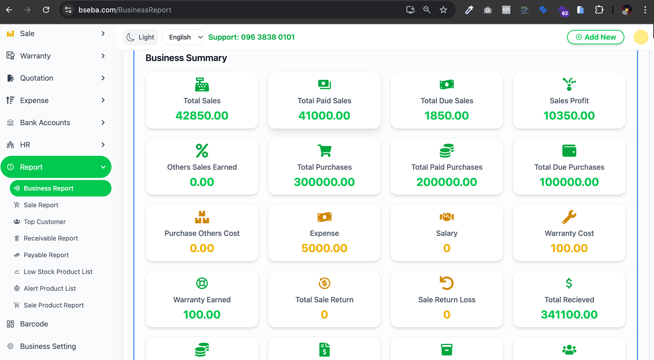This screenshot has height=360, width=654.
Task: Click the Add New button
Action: point(596,37)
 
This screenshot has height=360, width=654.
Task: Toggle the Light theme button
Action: point(141,37)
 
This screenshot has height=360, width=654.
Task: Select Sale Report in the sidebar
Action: point(41,205)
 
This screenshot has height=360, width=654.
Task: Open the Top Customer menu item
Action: point(45,222)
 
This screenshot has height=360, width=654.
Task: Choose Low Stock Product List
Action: point(58,272)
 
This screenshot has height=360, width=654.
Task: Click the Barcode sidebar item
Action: point(34,324)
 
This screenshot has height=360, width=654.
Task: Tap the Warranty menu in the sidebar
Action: point(35,56)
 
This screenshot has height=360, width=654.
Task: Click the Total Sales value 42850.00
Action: point(202,116)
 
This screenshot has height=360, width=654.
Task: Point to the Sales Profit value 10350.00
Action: point(569,116)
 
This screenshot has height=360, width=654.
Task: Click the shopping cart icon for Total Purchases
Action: point(324,150)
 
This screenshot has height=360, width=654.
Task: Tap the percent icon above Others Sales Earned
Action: point(202,150)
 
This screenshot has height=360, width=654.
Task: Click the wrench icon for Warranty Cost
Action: point(569,217)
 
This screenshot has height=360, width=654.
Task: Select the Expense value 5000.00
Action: point(324,248)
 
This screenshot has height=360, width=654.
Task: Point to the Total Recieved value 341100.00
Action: point(569,315)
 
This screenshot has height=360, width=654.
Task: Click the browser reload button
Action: point(46,10)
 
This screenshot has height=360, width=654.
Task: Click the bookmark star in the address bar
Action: point(443,10)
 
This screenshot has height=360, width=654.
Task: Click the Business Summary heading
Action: point(186,58)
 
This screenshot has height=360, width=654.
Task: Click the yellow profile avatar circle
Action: point(641,37)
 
